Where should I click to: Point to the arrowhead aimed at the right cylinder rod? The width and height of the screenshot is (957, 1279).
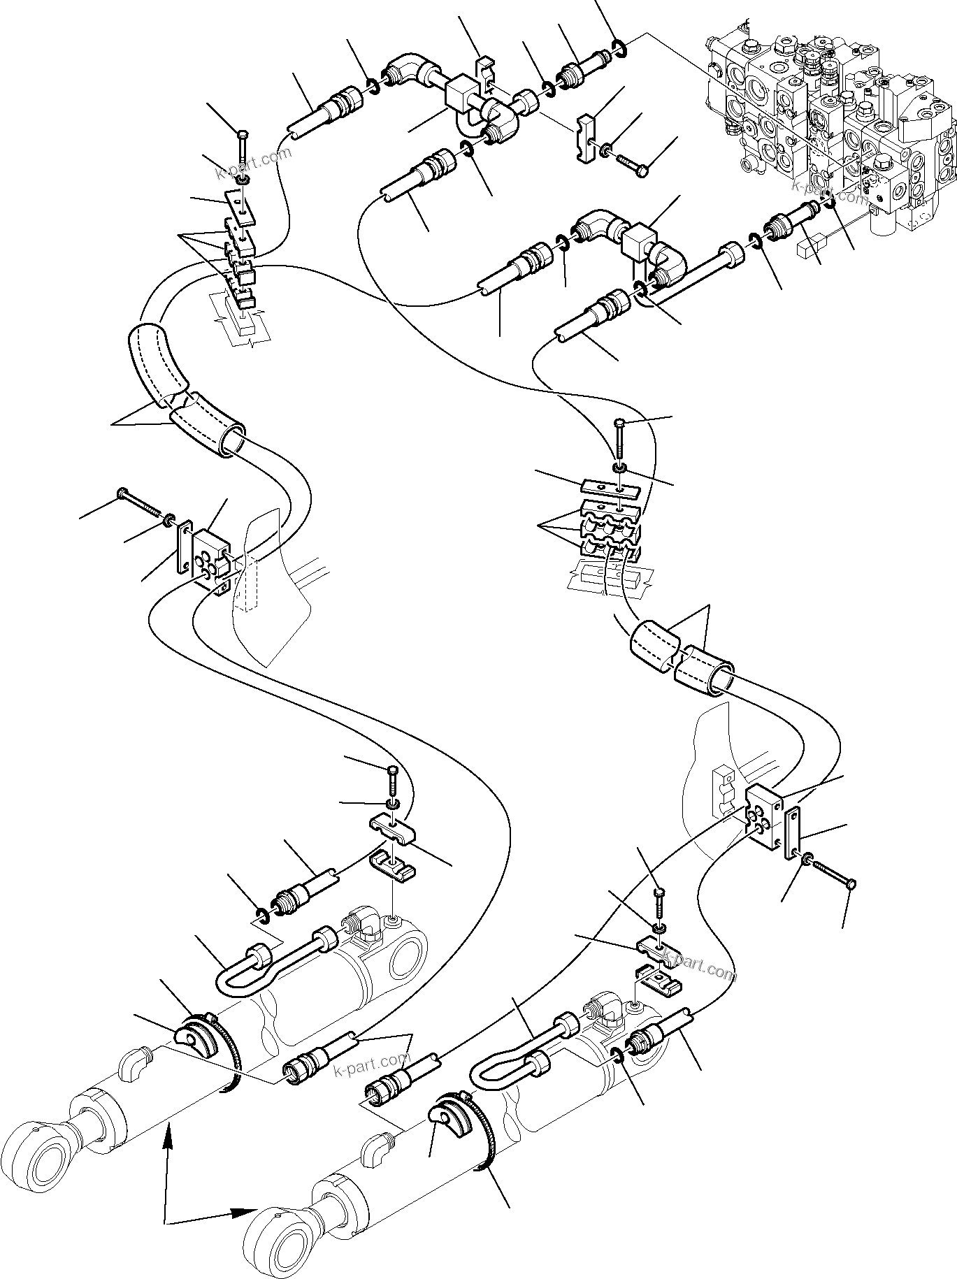245,1211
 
